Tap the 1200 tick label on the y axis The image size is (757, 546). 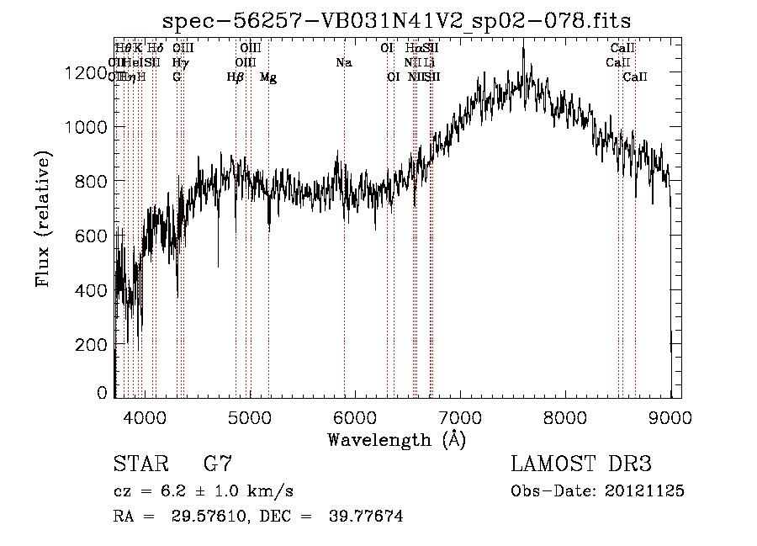pos(87,73)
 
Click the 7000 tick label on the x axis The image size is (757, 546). pos(460,416)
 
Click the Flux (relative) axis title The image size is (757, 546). pos(43,219)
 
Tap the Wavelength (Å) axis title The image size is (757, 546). pos(396,439)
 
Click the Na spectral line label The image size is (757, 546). pos(343,62)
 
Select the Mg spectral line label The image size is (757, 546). pos(268,77)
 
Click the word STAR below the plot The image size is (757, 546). pos(137,464)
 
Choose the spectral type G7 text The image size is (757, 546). pos(217,464)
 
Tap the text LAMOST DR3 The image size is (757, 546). pos(581,464)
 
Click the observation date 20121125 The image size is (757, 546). pos(644,490)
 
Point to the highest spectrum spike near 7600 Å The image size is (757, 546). pos(523,49)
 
